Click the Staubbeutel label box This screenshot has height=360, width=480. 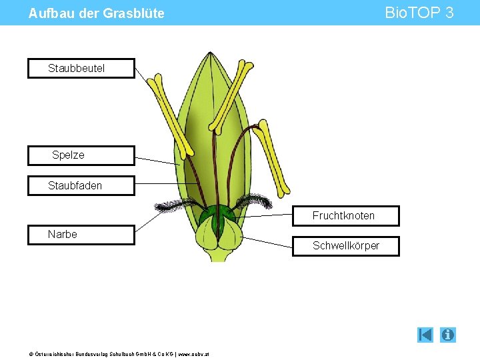pyautogui.click(x=81, y=69)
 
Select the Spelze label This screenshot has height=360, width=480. pyautogui.click(x=81, y=155)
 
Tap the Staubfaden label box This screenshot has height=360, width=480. pyautogui.click(x=81, y=186)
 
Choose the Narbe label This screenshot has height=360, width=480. pyautogui.click(x=81, y=235)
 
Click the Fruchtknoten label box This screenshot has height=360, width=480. pyautogui.click(x=346, y=216)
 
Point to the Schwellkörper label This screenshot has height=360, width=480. pyautogui.click(x=346, y=246)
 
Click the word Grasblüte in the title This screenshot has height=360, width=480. pyautogui.click(x=133, y=13)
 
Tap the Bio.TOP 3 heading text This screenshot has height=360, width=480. pyautogui.click(x=419, y=13)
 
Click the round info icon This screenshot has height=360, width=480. pyautogui.click(x=448, y=335)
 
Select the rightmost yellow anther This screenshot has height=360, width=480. pyautogui.click(x=273, y=155)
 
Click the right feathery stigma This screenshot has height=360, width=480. pyautogui.click(x=253, y=200)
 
